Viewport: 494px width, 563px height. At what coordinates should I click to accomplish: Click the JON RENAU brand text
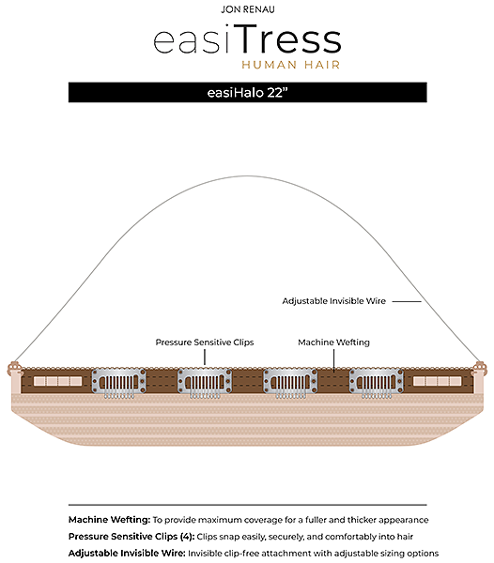[x=248, y=9]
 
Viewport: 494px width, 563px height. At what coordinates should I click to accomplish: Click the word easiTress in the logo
[x=247, y=39]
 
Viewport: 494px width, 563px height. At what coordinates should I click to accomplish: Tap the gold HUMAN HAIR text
[x=290, y=65]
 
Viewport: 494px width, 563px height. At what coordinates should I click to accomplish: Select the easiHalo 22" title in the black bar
[x=248, y=93]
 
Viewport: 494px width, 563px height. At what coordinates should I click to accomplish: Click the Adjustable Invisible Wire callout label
[x=333, y=301]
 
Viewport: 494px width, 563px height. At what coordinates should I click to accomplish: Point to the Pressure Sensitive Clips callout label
[x=205, y=342]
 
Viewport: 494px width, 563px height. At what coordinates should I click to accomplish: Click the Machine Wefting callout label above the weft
[x=333, y=342]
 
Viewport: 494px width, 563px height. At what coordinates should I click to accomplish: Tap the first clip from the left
[x=118, y=383]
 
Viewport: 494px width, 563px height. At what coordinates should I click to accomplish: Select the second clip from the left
[x=205, y=383]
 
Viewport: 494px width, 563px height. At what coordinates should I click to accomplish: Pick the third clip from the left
[x=290, y=383]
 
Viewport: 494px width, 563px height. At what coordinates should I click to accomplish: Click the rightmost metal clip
[x=377, y=383]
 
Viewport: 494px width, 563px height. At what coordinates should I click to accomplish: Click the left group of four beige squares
[x=58, y=381]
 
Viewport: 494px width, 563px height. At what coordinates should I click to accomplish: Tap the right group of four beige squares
[x=438, y=381]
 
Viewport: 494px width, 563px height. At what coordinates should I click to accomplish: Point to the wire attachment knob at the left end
[x=14, y=369]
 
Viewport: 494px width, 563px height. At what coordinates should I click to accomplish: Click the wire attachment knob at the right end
[x=480, y=369]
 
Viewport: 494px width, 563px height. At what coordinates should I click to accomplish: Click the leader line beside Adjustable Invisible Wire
[x=407, y=301]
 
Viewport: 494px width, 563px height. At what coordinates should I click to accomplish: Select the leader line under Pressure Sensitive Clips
[x=205, y=358]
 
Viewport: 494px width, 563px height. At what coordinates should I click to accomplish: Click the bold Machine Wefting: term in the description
[x=109, y=520]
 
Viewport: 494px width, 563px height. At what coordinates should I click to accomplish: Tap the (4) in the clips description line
[x=187, y=537]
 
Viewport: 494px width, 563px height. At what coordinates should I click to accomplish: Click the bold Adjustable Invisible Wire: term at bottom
[x=127, y=553]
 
